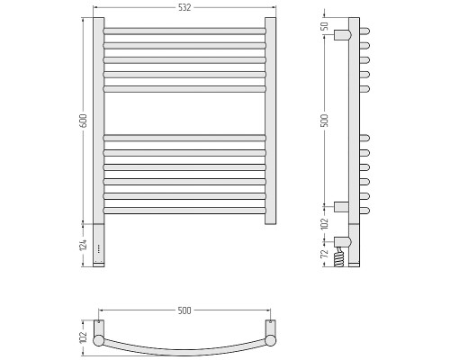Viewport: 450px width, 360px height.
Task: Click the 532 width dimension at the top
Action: [x=184, y=8]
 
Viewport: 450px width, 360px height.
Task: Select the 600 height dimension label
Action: [x=84, y=121]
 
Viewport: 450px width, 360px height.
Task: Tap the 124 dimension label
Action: [x=84, y=245]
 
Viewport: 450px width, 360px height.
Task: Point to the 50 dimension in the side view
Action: [x=325, y=26]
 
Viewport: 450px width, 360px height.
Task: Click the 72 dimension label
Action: [x=325, y=254]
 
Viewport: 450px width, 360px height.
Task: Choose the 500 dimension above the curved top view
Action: [x=184, y=310]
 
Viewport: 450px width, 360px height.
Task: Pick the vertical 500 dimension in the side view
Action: [x=325, y=121]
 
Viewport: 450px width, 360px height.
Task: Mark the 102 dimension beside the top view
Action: [x=84, y=337]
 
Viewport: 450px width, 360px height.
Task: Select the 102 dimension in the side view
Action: [x=325, y=224]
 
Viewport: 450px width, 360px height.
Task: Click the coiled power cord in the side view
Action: [x=339, y=256]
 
